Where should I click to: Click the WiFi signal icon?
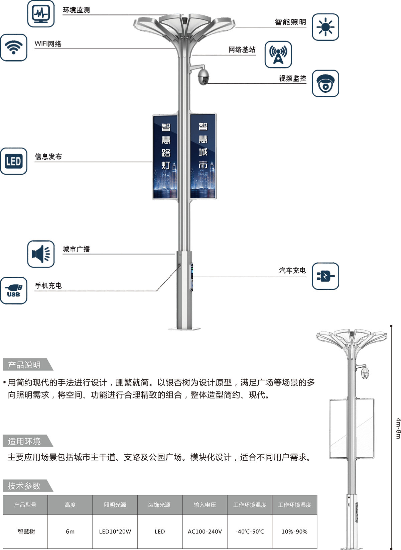[14, 47]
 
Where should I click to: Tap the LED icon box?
[14, 161]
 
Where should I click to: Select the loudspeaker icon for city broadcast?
[41, 254]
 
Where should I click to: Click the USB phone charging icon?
[14, 291]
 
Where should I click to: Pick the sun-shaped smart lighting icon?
[325, 27]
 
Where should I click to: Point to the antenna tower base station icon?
[278, 55]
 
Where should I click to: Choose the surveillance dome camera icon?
[325, 84]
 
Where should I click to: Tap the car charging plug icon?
[325, 276]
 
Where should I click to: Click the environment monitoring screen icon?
[41, 14]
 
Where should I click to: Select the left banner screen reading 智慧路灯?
[165, 157]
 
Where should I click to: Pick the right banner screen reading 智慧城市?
[203, 157]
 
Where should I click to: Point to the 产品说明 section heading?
[24, 365]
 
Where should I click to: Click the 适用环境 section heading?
[24, 441]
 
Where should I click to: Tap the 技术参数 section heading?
[24, 486]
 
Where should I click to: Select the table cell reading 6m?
[70, 532]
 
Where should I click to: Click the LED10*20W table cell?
[115, 532]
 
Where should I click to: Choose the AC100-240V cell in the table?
[205, 532]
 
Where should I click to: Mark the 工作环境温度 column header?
[250, 505]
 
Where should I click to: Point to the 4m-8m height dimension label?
[397, 428]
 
